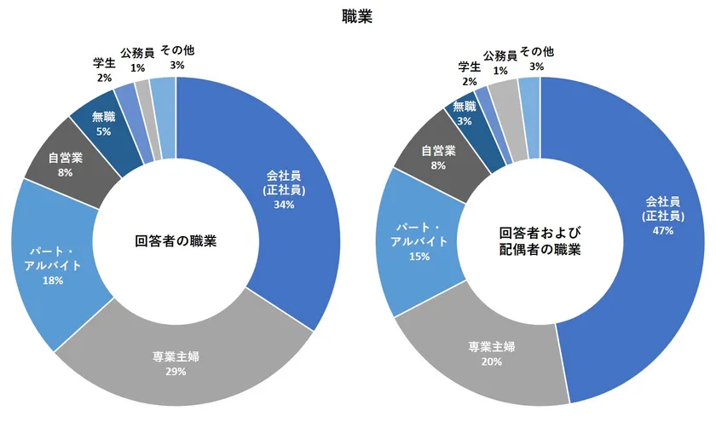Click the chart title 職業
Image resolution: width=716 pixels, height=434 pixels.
357,17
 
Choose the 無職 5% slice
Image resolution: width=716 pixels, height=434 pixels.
104,123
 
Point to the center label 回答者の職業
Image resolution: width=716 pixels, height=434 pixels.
176,241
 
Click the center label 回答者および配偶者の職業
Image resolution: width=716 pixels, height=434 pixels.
540,241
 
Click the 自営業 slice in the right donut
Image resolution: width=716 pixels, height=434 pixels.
439,158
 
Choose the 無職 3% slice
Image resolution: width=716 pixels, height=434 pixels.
465,113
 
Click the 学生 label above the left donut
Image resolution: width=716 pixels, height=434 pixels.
104,62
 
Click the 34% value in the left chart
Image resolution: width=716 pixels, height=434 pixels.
285,205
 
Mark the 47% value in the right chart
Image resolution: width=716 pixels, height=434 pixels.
662,230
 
